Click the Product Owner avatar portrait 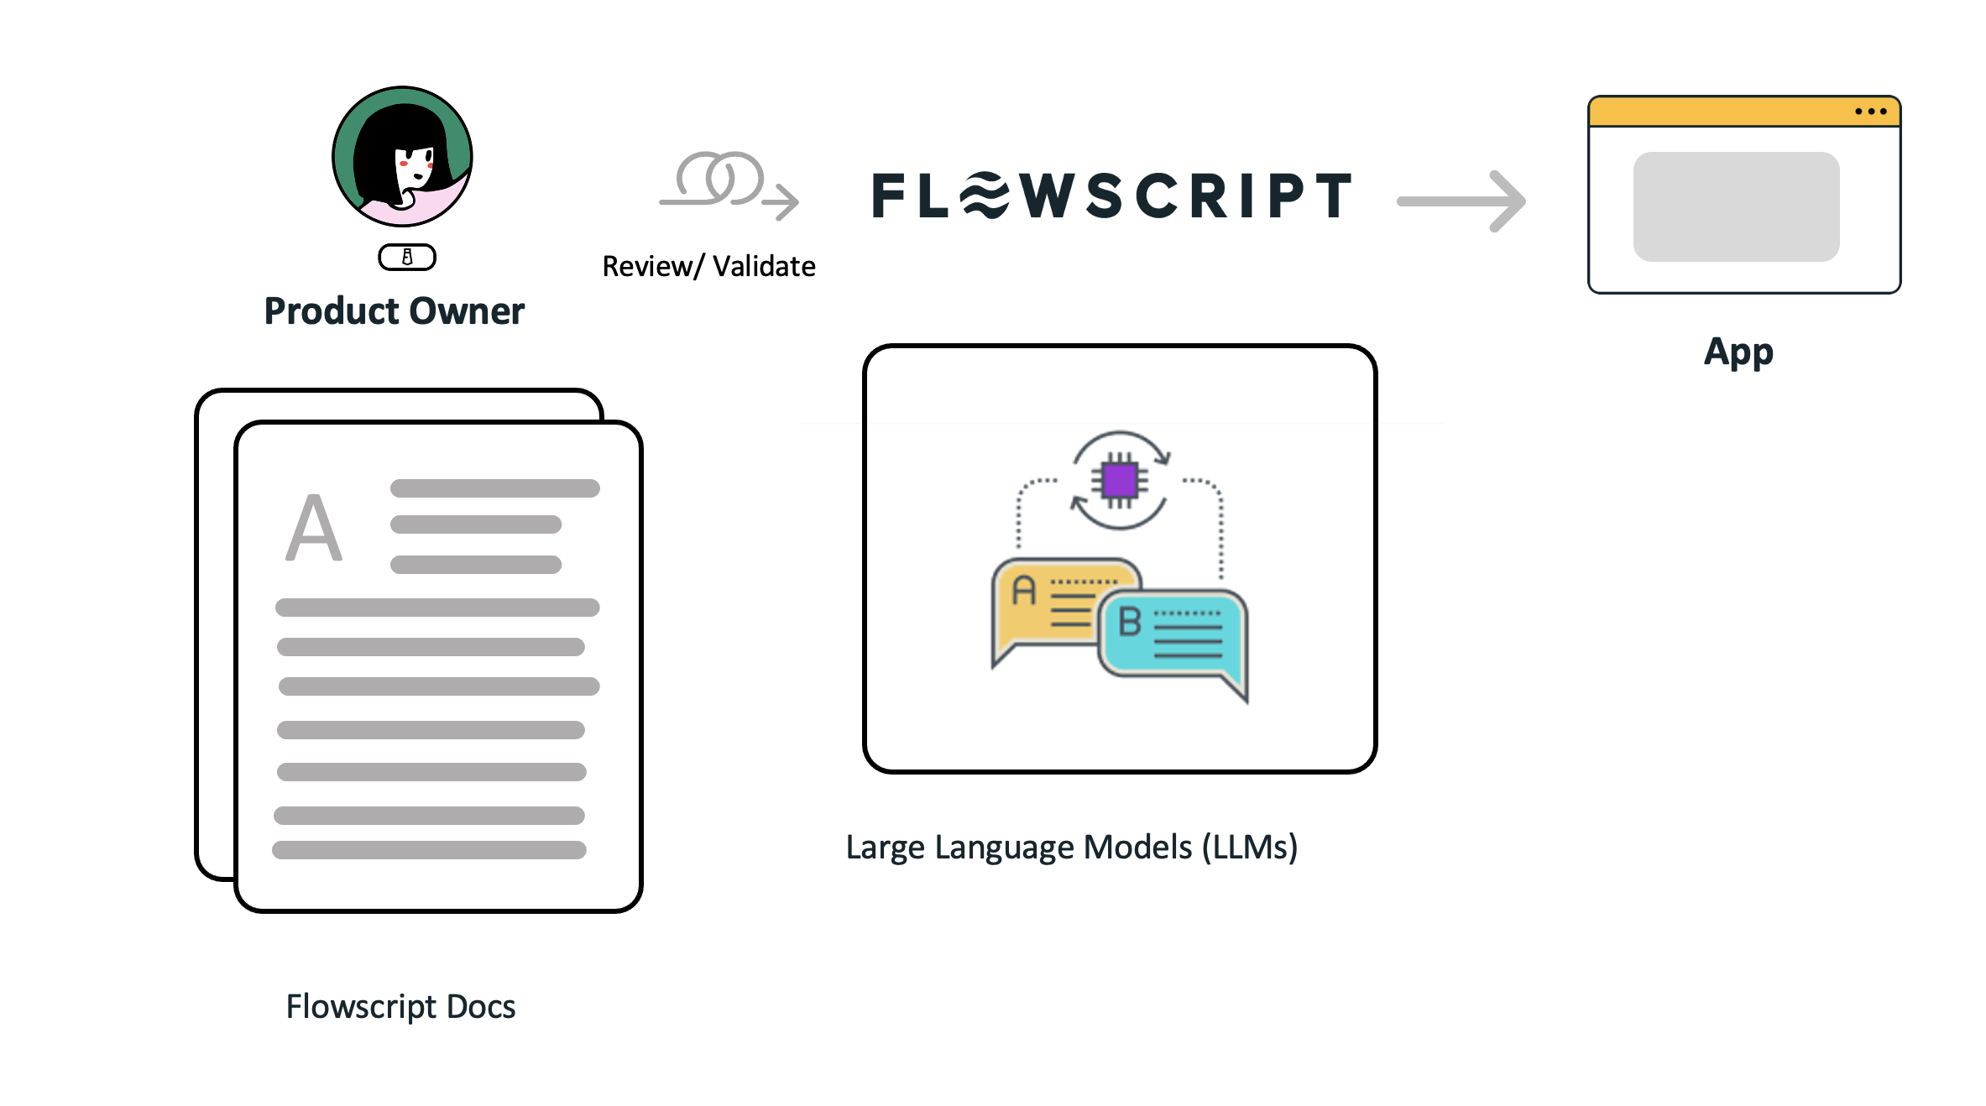point(402,156)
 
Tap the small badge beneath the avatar point(407,257)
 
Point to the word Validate point(764,267)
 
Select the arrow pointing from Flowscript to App point(1461,201)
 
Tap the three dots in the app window point(1871,112)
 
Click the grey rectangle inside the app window point(1736,206)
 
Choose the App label point(1738,352)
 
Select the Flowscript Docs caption point(400,1006)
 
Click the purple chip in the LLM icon point(1120,481)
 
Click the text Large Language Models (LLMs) point(1071,848)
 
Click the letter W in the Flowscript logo point(1048,196)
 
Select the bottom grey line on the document point(429,850)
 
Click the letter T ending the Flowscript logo point(1332,196)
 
